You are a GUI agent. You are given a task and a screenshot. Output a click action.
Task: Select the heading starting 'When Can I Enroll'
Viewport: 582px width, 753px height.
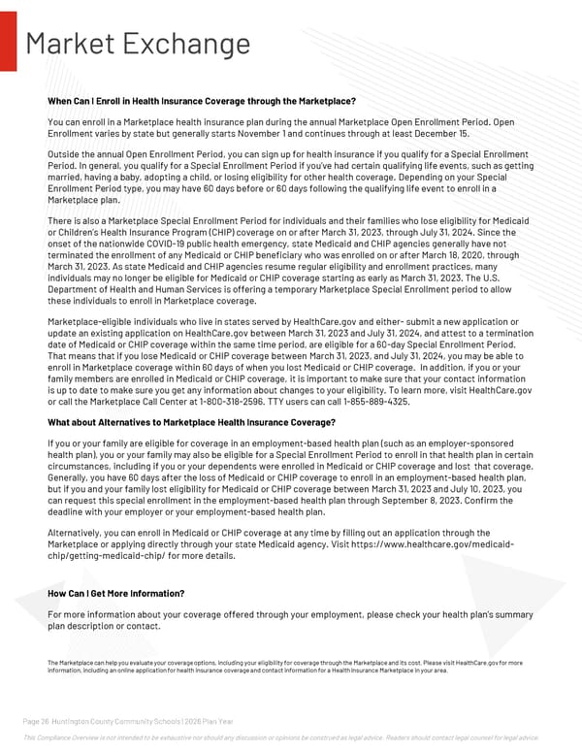click(201, 101)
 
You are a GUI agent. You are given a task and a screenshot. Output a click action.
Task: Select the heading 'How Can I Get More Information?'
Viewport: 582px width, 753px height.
click(115, 593)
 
